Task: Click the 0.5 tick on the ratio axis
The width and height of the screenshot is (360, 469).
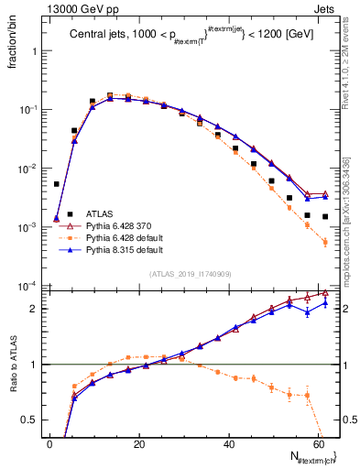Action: (36, 420)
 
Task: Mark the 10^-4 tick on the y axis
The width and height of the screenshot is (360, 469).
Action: (32, 286)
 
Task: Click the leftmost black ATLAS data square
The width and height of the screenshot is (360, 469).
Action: (57, 184)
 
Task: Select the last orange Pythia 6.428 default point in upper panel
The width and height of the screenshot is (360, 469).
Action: (325, 242)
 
